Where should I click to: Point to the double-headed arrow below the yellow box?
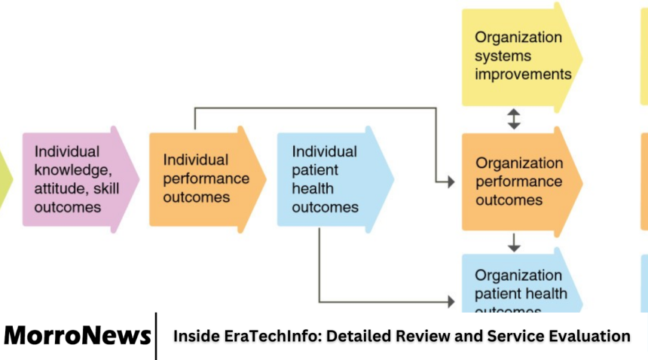[514, 119]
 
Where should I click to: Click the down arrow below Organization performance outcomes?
[514, 242]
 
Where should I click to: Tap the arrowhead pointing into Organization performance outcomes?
[450, 182]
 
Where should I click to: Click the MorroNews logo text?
[77, 336]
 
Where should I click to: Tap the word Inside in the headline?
[196, 336]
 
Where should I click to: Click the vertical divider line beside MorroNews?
[156, 336]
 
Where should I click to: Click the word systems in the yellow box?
[503, 56]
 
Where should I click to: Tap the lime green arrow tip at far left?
[6, 179]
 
